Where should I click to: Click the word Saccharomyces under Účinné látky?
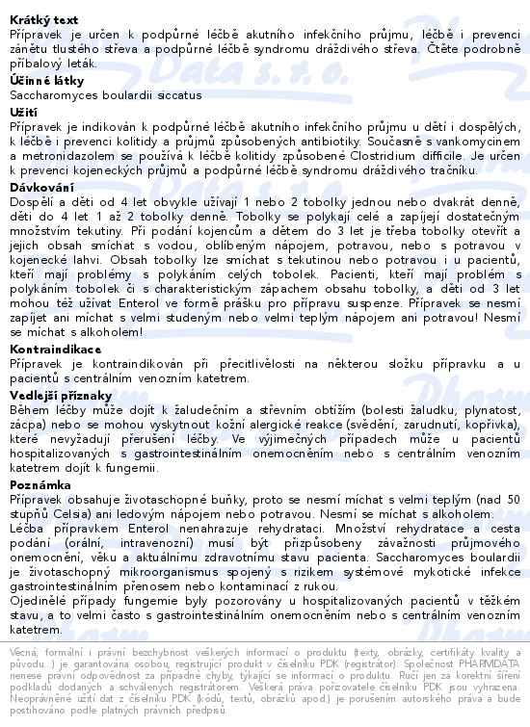tap(56, 95)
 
